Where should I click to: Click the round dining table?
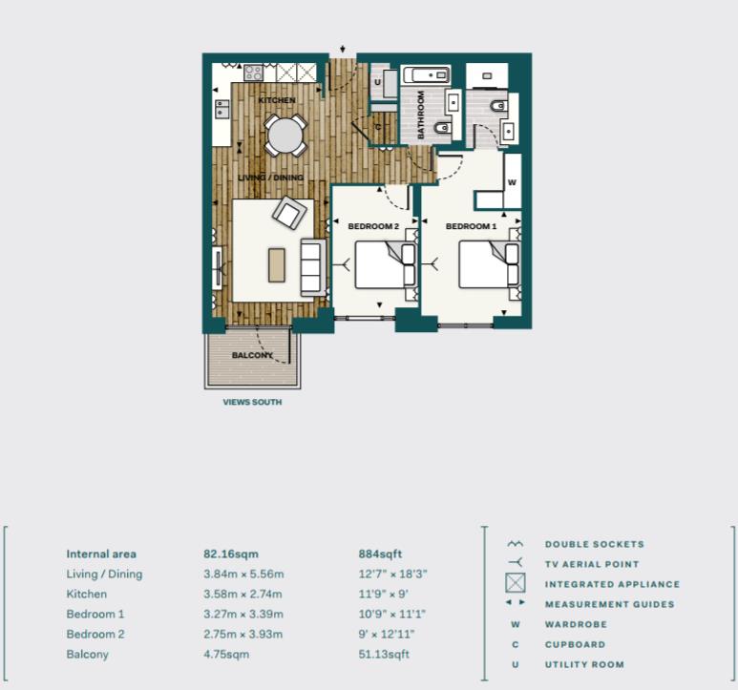285,136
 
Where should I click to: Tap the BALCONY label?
253,356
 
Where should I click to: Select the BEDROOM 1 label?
471,226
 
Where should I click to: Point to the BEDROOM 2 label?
371,226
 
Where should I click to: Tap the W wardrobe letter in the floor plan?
512,181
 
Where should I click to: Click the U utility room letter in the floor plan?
378,83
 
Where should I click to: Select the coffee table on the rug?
277,264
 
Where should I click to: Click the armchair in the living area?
287,213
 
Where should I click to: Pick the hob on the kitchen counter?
254,72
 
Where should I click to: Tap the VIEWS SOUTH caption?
252,403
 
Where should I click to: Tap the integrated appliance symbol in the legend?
516,584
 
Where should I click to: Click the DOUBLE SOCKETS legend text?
594,544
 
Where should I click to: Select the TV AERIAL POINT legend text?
592,564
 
